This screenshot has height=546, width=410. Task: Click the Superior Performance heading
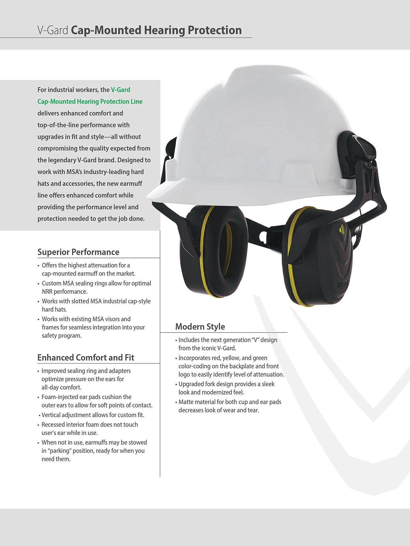[x=78, y=252]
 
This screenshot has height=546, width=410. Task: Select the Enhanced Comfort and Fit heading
[x=86, y=357]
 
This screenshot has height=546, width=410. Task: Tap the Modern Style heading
[x=200, y=326]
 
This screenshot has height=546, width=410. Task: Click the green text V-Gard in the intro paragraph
[x=120, y=90]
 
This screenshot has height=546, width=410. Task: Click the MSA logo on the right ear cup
[x=342, y=285]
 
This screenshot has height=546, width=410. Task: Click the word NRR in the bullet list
[x=47, y=292]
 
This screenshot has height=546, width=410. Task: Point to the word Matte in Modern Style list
[x=186, y=402]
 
